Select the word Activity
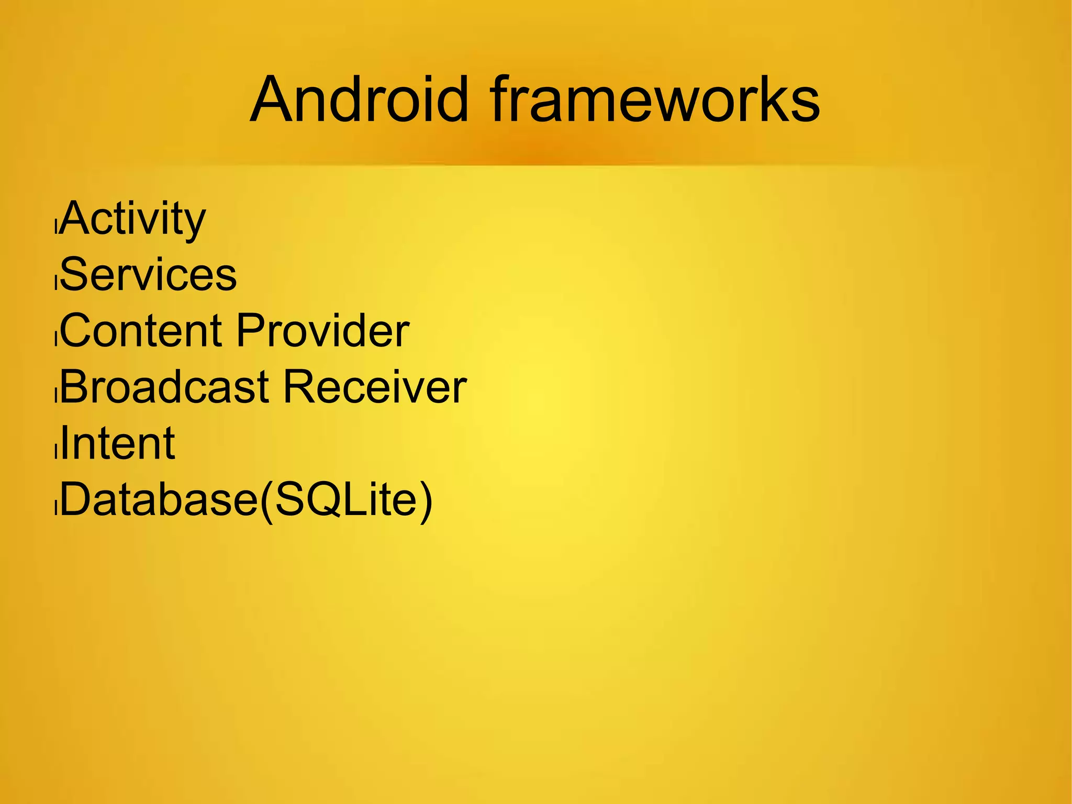pos(133,219)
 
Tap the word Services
pos(149,275)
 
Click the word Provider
pos(322,331)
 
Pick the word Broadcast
pos(165,387)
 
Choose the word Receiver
pos(375,387)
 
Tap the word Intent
pos(118,443)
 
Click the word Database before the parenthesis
pos(160,500)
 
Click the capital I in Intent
pos(64,443)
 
